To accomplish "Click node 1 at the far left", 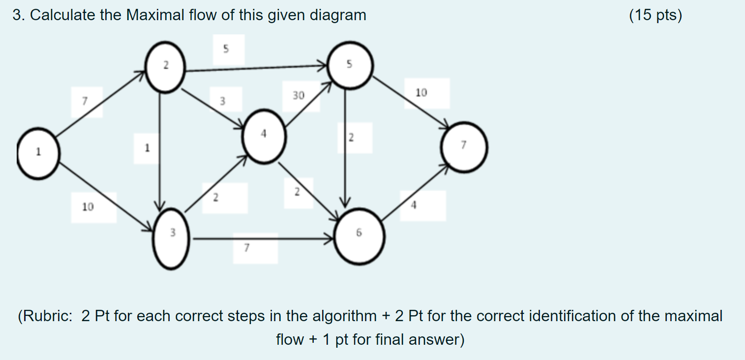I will pyautogui.click(x=38, y=152).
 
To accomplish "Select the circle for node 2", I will pyautogui.click(x=166, y=67).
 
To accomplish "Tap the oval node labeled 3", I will pyautogui.click(x=171, y=239).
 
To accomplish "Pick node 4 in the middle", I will pyautogui.click(x=264, y=137).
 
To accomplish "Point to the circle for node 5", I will pyautogui.click(x=350, y=66).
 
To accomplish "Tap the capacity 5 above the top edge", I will pyautogui.click(x=226, y=49).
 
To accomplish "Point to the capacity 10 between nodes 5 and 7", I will pyautogui.click(x=421, y=92).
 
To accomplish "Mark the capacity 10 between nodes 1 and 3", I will pyautogui.click(x=88, y=208).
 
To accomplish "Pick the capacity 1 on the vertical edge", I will pyautogui.click(x=147, y=147).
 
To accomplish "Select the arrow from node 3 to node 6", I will pyautogui.click(x=261, y=240).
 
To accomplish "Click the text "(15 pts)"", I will pyautogui.click(x=656, y=16).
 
